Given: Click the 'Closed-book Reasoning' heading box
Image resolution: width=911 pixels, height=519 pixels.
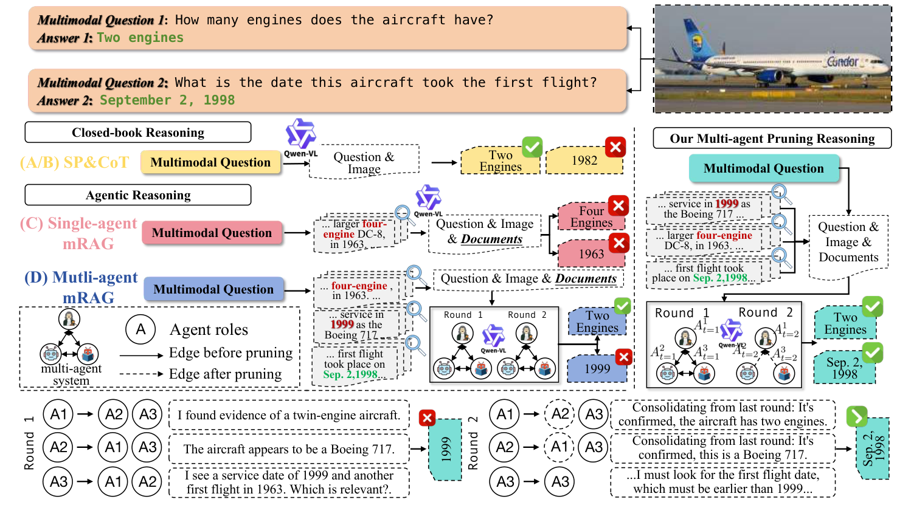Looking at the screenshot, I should (137, 132).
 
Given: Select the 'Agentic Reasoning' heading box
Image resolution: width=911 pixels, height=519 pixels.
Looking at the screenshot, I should (137, 195).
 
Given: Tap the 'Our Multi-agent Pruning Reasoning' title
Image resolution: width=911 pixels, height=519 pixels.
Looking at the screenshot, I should (772, 139).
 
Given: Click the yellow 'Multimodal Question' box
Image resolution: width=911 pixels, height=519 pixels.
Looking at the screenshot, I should (210, 162).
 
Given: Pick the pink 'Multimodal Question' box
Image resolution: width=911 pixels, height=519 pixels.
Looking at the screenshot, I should (212, 233).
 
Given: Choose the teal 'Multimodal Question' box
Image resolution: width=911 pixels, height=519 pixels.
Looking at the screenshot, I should (763, 168).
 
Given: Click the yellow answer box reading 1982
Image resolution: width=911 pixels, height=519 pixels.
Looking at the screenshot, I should (584, 161).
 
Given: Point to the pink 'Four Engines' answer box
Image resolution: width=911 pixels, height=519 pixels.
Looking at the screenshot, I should (591, 217).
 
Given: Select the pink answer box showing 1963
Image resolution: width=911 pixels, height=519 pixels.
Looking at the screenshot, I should (591, 254).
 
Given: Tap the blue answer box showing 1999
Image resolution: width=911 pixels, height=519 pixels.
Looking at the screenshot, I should (597, 369).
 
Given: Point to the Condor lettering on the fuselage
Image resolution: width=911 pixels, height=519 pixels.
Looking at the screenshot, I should (842, 61).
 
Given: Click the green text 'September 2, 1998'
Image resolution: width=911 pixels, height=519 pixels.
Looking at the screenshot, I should (167, 100).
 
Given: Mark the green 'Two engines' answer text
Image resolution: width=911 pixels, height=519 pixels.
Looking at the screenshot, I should (140, 38).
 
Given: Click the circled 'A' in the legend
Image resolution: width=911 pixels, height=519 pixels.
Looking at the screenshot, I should (140, 329).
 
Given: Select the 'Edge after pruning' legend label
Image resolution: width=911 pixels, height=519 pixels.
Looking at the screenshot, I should (225, 374).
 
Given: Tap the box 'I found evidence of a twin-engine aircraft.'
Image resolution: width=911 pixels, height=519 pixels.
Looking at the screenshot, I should (289, 415).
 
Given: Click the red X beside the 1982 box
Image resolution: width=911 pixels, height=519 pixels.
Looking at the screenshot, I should (615, 146).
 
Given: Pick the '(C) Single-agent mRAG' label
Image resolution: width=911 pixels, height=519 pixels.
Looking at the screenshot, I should (79, 233).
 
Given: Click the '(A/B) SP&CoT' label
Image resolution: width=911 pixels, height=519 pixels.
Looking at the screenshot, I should (74, 162).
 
